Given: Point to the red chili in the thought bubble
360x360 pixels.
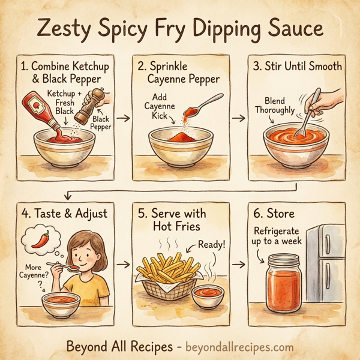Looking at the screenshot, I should pyautogui.click(x=40, y=239).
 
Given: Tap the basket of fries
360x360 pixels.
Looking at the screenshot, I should pyautogui.click(x=167, y=277).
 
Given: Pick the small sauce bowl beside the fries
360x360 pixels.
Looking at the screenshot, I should pyautogui.click(x=209, y=296).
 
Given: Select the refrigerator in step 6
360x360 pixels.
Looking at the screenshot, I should pyautogui.click(x=325, y=264).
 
